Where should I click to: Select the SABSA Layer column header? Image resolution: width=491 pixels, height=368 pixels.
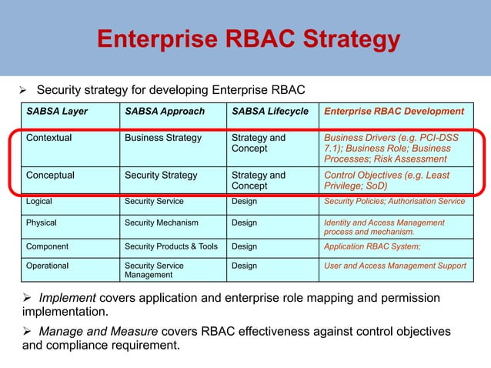57,111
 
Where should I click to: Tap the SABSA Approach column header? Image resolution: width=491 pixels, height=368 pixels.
165,111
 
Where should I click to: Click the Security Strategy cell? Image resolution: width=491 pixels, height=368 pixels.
161,175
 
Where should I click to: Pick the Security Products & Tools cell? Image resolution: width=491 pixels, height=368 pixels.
171,247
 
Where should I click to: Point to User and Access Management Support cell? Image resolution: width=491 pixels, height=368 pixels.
395,266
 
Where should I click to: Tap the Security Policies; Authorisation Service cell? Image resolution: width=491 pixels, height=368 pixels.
394,201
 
